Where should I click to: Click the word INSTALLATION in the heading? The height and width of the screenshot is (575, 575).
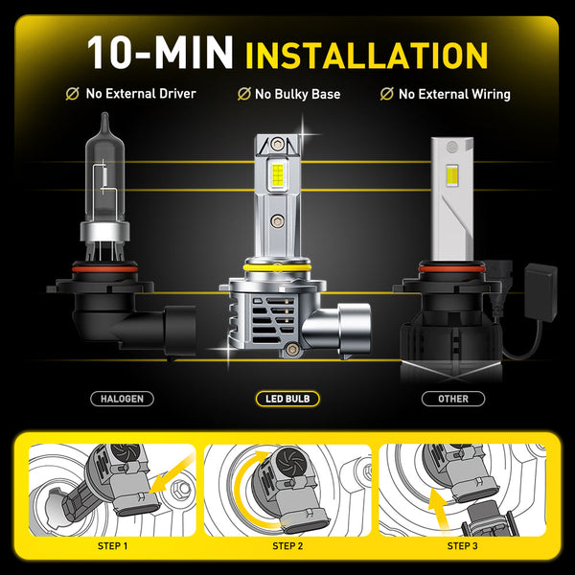[x=367, y=54]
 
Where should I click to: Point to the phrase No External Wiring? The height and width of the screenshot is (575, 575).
[x=453, y=95]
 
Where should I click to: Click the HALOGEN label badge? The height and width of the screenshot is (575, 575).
[x=122, y=398]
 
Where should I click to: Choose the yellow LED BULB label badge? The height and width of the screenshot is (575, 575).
[x=287, y=398]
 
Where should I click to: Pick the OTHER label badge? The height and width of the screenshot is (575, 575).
[x=453, y=398]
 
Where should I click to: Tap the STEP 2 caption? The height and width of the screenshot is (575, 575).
[x=287, y=547]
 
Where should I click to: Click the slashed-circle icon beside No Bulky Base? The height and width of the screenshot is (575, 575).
[x=244, y=95]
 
